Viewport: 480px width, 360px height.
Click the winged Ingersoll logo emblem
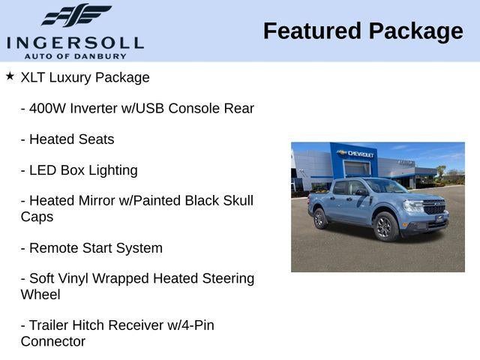pyautogui.click(x=76, y=15)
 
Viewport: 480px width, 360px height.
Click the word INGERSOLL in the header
pyautogui.click(x=75, y=43)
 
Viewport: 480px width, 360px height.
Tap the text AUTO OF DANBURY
pyautogui.click(x=75, y=56)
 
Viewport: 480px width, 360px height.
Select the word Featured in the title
pyautogui.click(x=312, y=31)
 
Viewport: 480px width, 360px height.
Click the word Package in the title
pyautogui.click(x=415, y=32)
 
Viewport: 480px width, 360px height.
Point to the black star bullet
pyautogui.click(x=10, y=76)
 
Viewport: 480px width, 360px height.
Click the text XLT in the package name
pyautogui.click(x=33, y=77)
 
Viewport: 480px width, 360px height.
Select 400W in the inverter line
pyautogui.click(x=47, y=108)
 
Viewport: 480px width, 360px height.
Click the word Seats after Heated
pyautogui.click(x=97, y=139)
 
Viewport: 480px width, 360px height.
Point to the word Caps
pyautogui.click(x=37, y=217)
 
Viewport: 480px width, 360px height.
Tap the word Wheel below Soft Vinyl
pyautogui.click(x=40, y=295)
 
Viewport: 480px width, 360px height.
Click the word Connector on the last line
pyautogui.click(x=53, y=342)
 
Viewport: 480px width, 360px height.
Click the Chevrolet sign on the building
pyautogui.click(x=355, y=153)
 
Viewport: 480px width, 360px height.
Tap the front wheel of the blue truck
pyautogui.click(x=385, y=226)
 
